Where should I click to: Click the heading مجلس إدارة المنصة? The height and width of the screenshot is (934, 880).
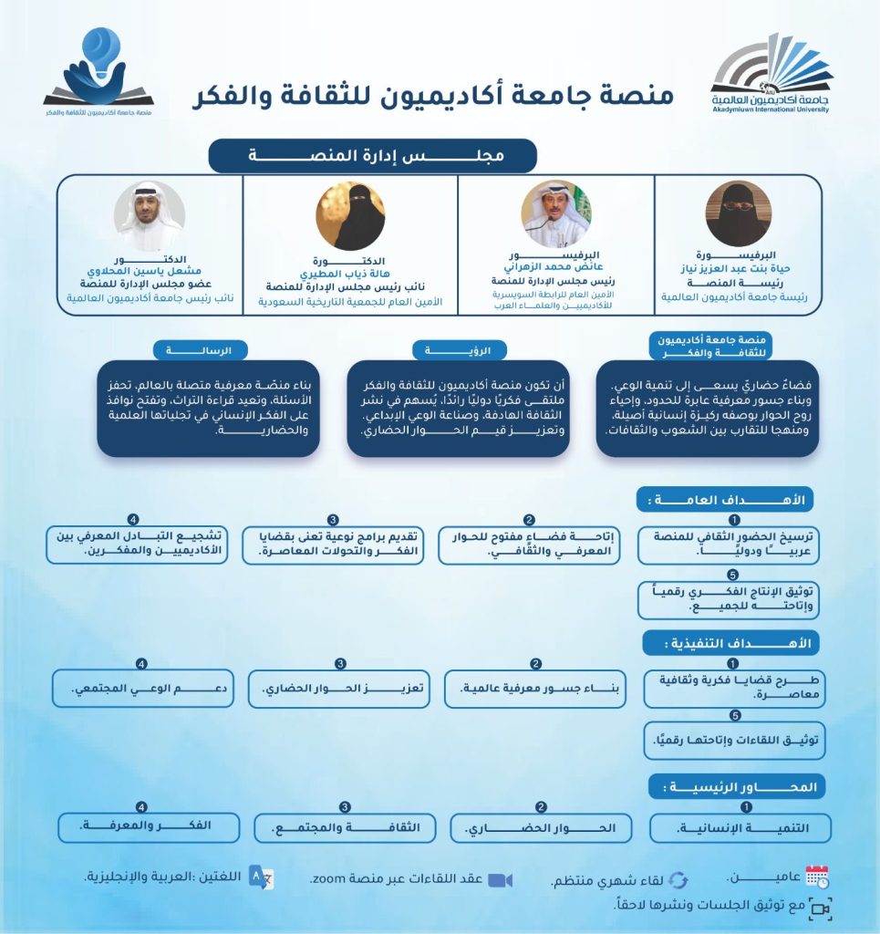(x=372, y=155)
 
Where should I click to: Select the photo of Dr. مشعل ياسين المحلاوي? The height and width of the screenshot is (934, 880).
(x=150, y=215)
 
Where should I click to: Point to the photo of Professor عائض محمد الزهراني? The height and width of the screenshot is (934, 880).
(x=555, y=213)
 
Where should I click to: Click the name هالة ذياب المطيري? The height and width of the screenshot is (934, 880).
(x=350, y=271)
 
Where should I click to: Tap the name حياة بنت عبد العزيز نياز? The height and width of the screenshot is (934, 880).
(x=738, y=271)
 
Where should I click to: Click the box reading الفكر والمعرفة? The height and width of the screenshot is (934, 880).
(x=149, y=827)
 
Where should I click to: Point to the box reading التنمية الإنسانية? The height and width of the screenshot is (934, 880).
(x=740, y=828)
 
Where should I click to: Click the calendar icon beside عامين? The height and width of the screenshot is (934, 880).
(x=817, y=877)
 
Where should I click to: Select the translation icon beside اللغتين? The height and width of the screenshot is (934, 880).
(x=262, y=877)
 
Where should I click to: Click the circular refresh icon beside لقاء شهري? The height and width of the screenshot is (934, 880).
(x=678, y=880)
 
